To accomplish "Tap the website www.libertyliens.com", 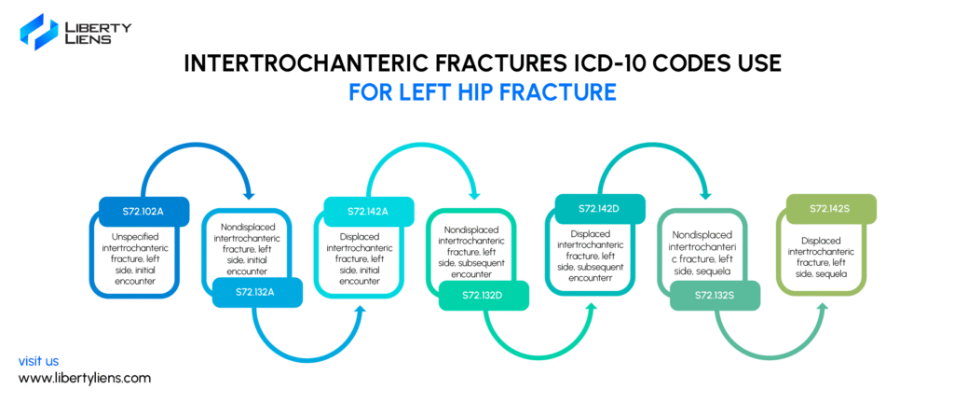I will click(85, 378).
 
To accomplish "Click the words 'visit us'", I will click(38, 360).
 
